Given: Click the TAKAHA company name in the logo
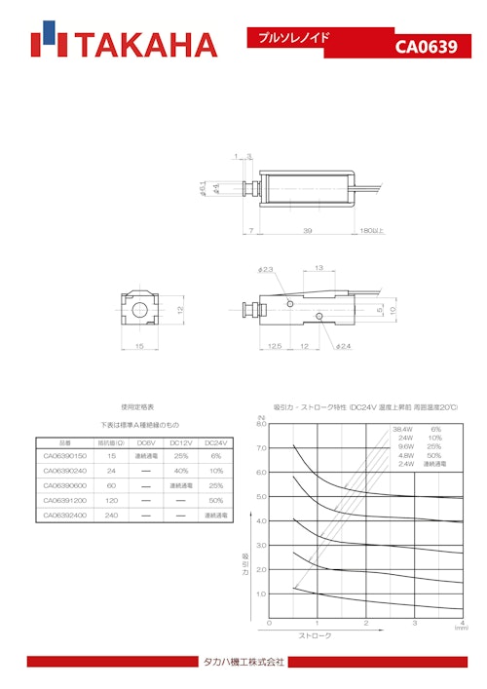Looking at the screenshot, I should [145, 45].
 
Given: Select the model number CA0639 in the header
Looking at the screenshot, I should [426, 47].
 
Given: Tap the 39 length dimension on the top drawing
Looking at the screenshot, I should [308, 231].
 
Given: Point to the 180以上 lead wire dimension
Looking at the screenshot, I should [373, 231].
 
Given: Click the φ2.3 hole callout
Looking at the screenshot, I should [267, 269].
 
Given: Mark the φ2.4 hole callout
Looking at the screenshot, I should [343, 345].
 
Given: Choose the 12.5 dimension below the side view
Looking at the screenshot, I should [275, 345].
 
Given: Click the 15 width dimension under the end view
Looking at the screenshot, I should [139, 345].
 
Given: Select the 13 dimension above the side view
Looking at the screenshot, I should [318, 269].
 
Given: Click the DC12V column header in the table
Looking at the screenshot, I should [180, 441].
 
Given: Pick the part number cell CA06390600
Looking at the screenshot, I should [66, 485].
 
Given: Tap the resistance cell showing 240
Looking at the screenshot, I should [112, 515].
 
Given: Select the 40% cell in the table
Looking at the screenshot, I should [180, 471].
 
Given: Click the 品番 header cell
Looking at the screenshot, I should [66, 441].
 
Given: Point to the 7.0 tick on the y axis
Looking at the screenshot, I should [261, 448].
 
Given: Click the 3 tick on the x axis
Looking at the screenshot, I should [414, 623].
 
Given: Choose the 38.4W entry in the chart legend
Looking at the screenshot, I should [403, 429].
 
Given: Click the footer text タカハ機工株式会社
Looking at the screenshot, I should [243, 662].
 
